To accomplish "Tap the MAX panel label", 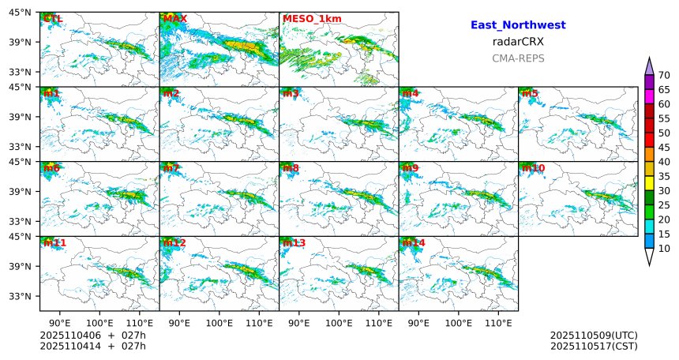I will pos(174,18).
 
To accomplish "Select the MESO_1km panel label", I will pos(312,18).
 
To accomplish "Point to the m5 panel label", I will pos(530,93).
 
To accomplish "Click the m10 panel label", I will pos(533,168).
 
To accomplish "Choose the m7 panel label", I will pos(171,168).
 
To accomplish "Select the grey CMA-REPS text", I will pos(518,58).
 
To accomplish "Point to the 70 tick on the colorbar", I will pos(664,76).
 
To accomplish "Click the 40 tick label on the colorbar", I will pos(664,162).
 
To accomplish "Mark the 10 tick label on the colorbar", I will pos(664,249).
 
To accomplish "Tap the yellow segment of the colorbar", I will pos(649,183).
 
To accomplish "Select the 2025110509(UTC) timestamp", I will pos(594,336).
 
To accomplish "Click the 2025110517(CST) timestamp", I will pos(594,346).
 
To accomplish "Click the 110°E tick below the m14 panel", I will pos(498,323).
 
